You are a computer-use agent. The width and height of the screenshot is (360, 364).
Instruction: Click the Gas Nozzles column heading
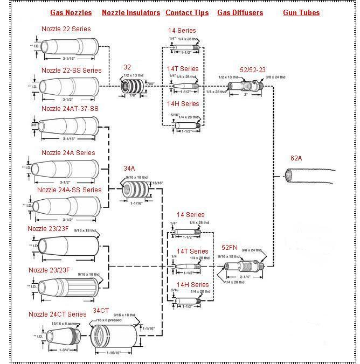[71, 12]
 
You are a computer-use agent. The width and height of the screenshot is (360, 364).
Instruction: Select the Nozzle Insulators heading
[131, 12]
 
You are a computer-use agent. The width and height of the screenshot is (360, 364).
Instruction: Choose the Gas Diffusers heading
[240, 12]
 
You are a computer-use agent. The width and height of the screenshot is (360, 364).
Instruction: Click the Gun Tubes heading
[301, 12]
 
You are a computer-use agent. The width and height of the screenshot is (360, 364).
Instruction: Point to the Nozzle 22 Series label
[66, 29]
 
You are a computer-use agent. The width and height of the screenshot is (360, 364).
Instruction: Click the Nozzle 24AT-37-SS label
[70, 109]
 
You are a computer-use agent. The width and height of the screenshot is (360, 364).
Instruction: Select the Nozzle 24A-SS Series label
[69, 190]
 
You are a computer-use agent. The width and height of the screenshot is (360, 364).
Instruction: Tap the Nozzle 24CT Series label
[57, 314]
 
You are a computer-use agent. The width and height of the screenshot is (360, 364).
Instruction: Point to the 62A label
[296, 158]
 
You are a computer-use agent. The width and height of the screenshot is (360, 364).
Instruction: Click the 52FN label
[230, 248]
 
